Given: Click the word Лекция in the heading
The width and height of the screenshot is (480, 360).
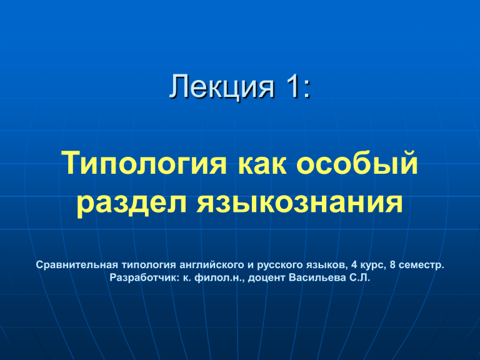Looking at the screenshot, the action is tap(222, 86).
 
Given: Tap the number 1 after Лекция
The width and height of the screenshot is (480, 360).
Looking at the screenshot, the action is tap(291, 86).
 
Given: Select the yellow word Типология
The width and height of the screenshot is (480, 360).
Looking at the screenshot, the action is tap(144, 164).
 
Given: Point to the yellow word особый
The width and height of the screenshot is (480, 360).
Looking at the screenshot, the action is tap(357, 162).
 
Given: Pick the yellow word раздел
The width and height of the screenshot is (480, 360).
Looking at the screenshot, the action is tap(131, 204).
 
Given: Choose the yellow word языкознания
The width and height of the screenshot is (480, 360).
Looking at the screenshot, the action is tap(300, 203).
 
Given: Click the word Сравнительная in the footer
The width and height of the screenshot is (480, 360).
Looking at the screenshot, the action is tap(77, 265).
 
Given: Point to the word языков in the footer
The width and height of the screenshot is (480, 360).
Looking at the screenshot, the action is tap(327, 265).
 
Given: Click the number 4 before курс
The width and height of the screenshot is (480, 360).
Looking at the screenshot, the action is tap(354, 265).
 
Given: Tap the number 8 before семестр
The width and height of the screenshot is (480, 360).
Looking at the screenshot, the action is tap(392, 265).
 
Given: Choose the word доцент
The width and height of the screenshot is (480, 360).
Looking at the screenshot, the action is tap(267, 278).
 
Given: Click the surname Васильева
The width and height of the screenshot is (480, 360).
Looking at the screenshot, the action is tap(317, 277).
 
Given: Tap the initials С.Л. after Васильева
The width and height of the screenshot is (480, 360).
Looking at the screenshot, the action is tap(360, 277).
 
